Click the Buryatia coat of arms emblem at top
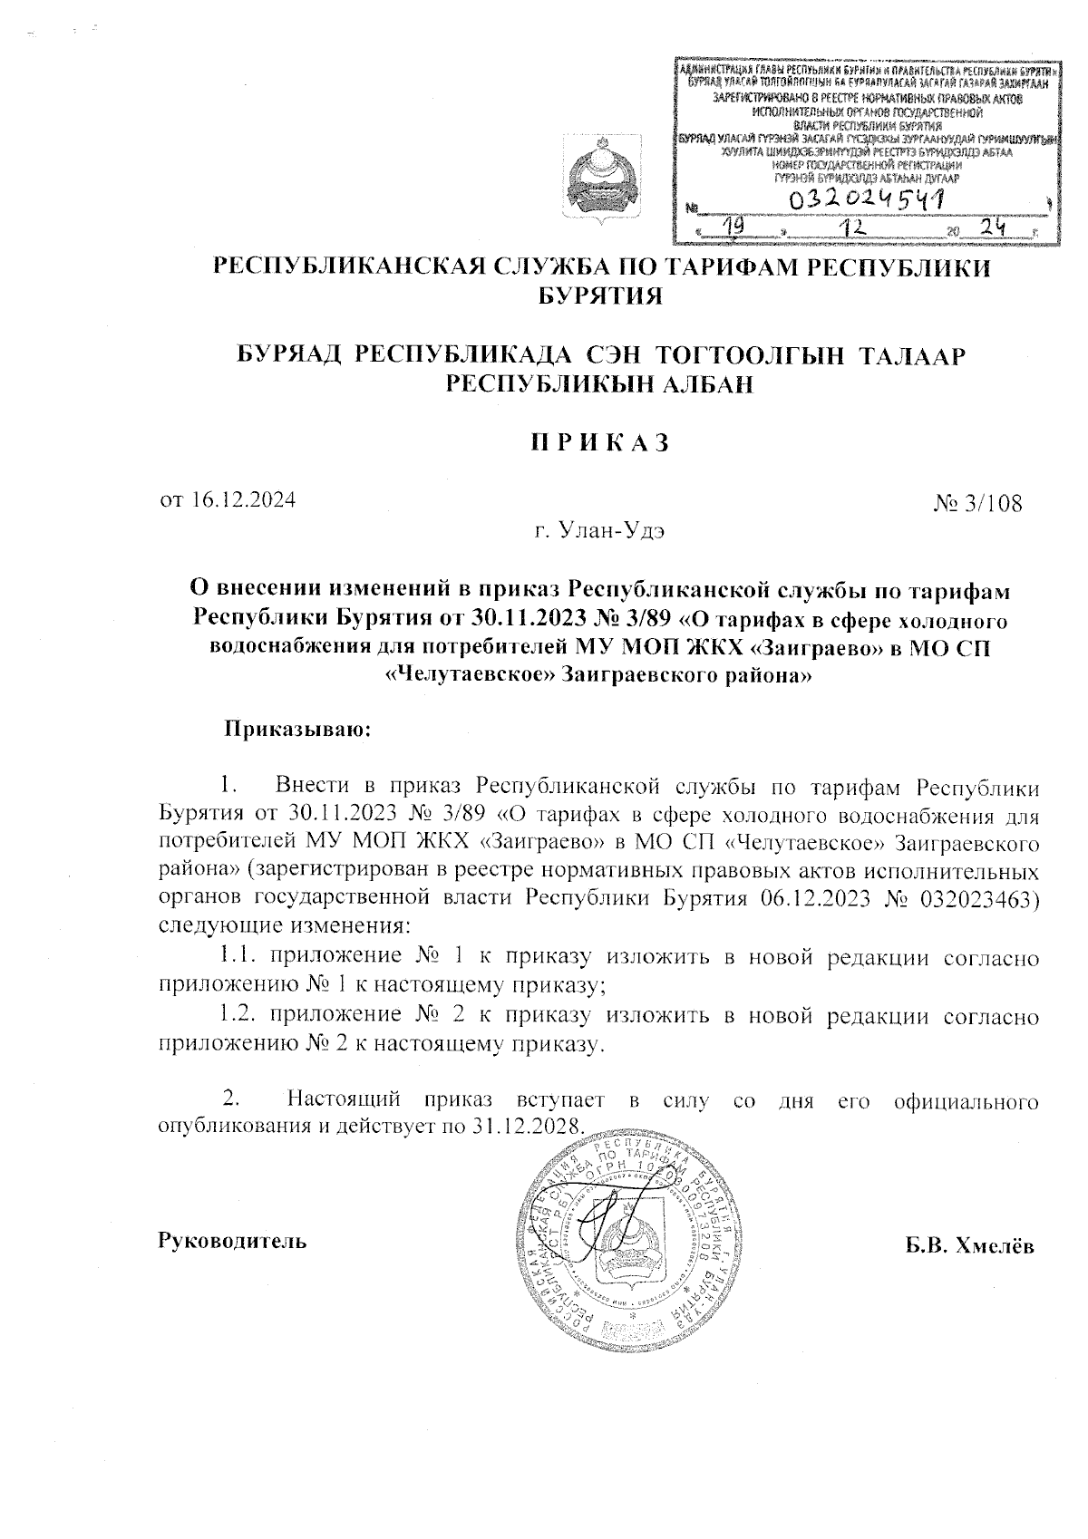597,182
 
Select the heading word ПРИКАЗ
598,443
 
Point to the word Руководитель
232,1240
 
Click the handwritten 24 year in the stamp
996,229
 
